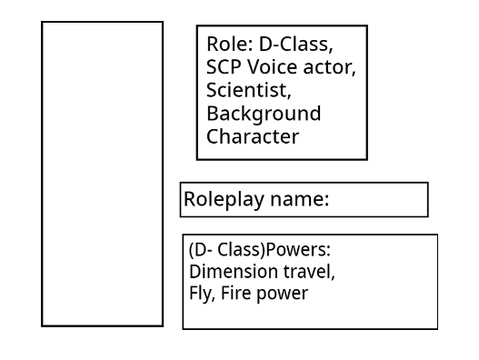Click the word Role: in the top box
pos(230,44)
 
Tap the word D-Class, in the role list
pos(296,44)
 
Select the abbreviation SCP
pos(224,67)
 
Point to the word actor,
pos(329,68)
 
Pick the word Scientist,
pos(249,90)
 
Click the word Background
pos(264,113)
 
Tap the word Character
pos(253,136)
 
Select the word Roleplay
pos(224,199)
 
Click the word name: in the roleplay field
pos(300,200)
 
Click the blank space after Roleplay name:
pos(378,200)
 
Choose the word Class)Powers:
pos(274,250)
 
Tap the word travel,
pos(309,272)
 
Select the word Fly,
pos(202,294)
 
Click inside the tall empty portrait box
pos(102,174)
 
